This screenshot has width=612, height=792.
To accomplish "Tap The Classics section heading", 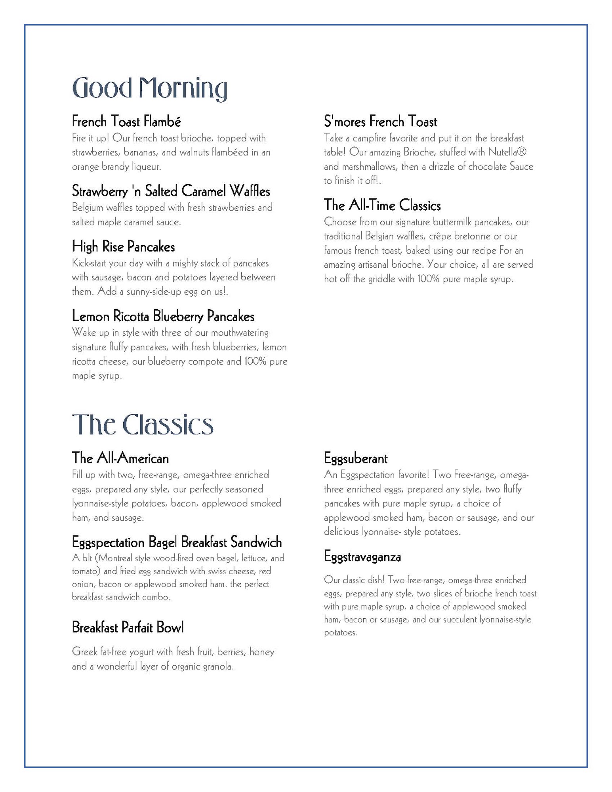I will (x=143, y=425).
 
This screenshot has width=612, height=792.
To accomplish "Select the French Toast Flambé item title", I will (x=126, y=121).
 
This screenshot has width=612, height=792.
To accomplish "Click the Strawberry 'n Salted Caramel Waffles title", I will (x=171, y=191).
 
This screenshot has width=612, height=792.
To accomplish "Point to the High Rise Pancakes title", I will (x=123, y=247).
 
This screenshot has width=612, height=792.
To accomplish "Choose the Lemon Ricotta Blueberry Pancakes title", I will (x=163, y=316).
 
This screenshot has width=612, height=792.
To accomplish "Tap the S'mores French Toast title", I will (x=380, y=122).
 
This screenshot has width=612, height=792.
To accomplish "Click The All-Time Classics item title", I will (x=382, y=205).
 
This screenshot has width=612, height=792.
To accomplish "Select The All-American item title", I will (x=120, y=458).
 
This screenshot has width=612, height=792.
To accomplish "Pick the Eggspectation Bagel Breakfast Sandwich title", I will (x=177, y=542).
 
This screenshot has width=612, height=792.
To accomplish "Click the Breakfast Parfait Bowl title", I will (x=128, y=627).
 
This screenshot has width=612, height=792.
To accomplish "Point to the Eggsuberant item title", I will (x=355, y=458).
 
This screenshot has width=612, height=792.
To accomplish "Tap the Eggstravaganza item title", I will (x=362, y=557).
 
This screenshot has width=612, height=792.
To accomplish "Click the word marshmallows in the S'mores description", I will (x=366, y=167).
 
